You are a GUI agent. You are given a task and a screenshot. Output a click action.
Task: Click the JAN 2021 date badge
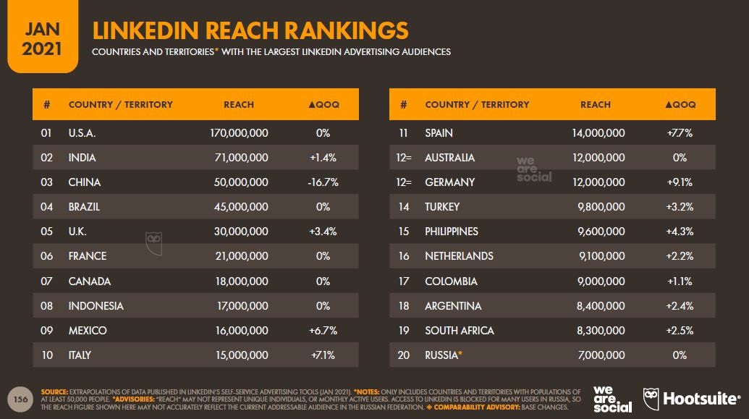pyautogui.click(x=42, y=36)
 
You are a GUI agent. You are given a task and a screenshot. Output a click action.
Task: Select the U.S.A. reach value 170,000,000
pyautogui.click(x=238, y=133)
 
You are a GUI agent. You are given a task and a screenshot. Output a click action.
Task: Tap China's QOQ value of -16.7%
pyautogui.click(x=323, y=182)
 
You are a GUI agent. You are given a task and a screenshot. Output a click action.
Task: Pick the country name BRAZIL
pyautogui.click(x=84, y=207)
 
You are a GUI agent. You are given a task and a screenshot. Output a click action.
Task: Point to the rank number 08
pyautogui.click(x=46, y=305)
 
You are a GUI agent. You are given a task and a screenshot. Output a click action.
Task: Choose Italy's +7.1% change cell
pyautogui.click(x=323, y=355)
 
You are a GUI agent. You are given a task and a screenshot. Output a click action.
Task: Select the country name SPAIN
pyautogui.click(x=439, y=133)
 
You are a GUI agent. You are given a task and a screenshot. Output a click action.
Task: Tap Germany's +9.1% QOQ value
pyautogui.click(x=680, y=182)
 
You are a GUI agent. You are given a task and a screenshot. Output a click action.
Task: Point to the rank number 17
pyautogui.click(x=403, y=281)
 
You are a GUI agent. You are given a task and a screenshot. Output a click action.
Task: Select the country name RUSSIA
pyautogui.click(x=441, y=355)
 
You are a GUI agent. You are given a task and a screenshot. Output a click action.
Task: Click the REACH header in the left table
pyautogui.click(x=239, y=104)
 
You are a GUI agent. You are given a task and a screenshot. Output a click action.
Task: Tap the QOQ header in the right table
pyautogui.click(x=680, y=104)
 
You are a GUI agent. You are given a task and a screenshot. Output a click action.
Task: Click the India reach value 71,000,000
pyautogui.click(x=241, y=158)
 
